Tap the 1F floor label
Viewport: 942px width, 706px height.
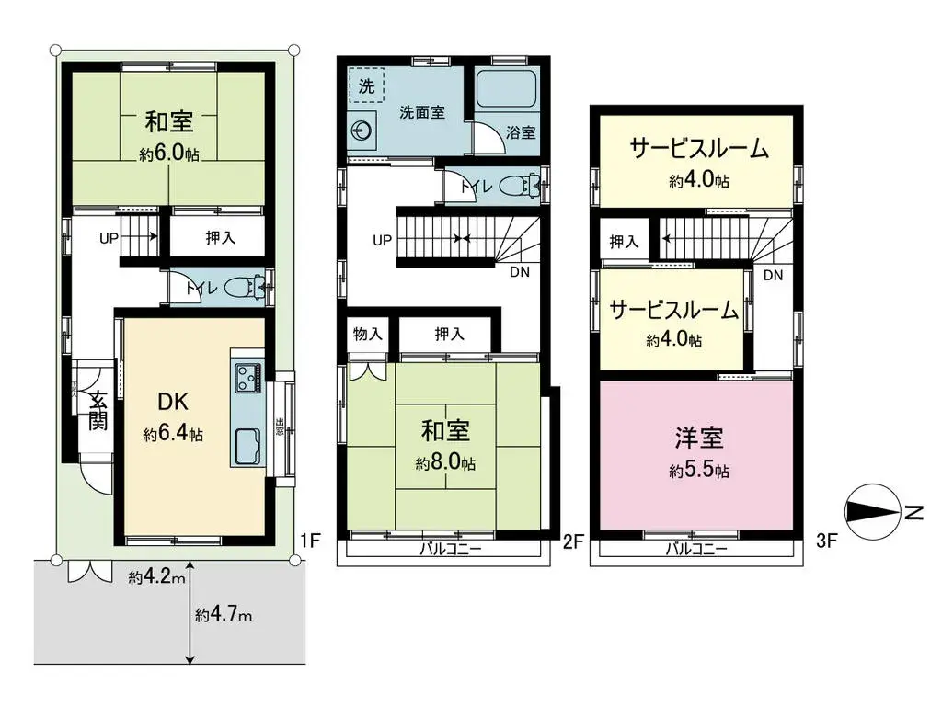pyautogui.click(x=308, y=541)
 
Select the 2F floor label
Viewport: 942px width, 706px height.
pyautogui.click(x=572, y=541)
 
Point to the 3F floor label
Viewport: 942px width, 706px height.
pyautogui.click(x=827, y=541)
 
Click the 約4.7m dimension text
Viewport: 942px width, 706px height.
pyautogui.click(x=223, y=614)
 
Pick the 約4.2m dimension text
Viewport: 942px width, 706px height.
pyautogui.click(x=157, y=577)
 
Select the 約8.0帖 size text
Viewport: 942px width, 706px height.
pyautogui.click(x=445, y=464)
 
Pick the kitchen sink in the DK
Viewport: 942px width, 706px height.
pyautogui.click(x=247, y=448)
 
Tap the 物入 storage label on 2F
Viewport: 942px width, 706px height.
pyautogui.click(x=367, y=335)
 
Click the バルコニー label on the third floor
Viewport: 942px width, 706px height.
pyautogui.click(x=696, y=549)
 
